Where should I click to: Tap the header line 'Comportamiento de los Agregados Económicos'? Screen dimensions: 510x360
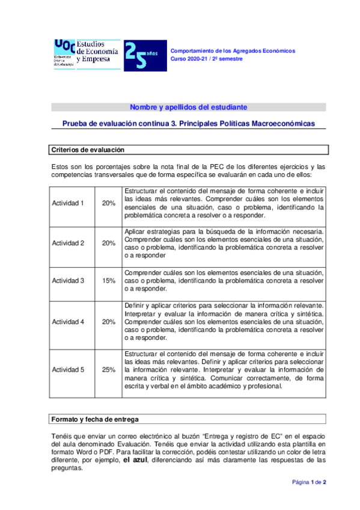[233, 51]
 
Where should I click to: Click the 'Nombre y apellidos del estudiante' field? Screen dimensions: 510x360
[188, 107]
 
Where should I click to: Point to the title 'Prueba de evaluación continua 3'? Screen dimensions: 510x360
[189, 123]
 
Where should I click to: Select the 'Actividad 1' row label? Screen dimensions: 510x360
[69, 203]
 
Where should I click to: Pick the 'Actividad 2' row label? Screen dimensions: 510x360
[69, 243]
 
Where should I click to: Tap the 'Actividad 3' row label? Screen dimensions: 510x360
[69, 280]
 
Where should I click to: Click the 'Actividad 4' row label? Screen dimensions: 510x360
[69, 321]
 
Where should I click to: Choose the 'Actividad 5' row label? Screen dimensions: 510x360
[69, 369]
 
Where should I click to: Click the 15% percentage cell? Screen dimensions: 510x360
[109, 280]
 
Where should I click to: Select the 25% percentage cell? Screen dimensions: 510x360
[109, 369]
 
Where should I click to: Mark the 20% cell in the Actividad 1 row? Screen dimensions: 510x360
[109, 203]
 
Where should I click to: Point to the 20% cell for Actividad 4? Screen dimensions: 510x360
[109, 321]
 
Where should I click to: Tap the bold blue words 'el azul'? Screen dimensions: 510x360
[135, 460]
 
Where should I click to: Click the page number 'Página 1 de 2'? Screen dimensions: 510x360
[309, 499]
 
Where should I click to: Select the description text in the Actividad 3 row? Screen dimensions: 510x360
[224, 280]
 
